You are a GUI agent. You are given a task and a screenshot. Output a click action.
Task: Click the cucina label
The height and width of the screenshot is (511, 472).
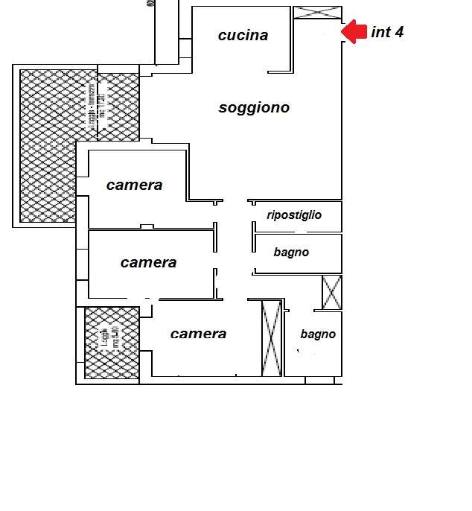pos(243,35)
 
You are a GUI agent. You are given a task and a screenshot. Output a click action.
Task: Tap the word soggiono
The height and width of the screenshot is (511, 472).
pos(254,108)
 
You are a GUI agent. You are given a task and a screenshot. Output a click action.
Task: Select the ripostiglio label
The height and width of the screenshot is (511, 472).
pos(294,215)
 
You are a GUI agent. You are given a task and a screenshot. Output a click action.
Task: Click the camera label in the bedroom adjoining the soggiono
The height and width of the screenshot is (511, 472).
pos(134,185)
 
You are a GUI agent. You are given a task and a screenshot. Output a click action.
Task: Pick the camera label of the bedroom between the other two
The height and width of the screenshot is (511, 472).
pos(148,262)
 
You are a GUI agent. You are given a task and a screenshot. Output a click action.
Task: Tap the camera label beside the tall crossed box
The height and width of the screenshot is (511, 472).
pos(198,334)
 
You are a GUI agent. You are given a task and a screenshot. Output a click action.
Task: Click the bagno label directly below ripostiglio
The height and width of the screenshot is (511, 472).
pos(291,253)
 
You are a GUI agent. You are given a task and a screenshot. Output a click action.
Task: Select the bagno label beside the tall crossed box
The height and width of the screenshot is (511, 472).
pos(318,334)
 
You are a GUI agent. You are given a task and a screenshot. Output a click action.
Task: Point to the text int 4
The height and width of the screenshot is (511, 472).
pos(387,32)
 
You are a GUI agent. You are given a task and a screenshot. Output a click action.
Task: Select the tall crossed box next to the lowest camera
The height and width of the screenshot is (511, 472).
pos(272,337)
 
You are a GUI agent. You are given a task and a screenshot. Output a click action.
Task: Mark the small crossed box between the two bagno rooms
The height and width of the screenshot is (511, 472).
pos(331,293)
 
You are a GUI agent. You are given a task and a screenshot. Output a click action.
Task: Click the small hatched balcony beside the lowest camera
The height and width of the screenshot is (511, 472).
pos(112,343)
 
